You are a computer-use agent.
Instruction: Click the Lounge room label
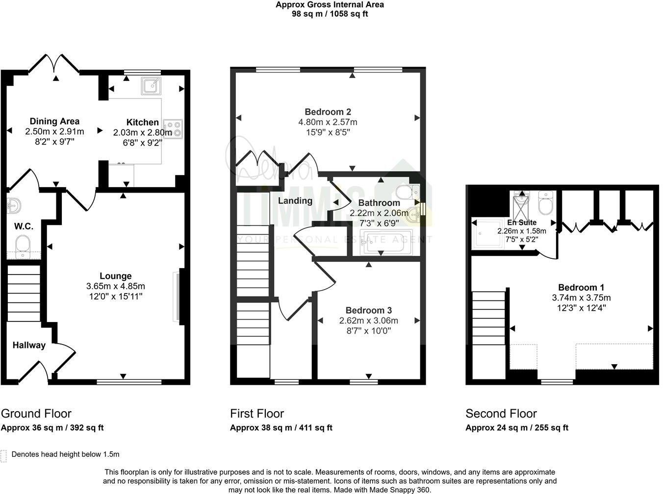point(115,276)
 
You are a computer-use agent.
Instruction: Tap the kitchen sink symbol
point(151,86)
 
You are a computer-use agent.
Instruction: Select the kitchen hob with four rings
point(173,128)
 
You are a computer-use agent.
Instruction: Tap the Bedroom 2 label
point(328,112)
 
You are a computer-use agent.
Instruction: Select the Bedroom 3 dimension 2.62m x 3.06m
point(368,321)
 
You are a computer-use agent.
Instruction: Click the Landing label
point(295,200)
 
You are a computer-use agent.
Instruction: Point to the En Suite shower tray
point(487,233)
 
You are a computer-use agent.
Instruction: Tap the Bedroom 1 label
point(581,288)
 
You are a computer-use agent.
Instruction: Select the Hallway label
point(29,345)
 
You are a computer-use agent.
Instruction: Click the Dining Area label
point(54,121)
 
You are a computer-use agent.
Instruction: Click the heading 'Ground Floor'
point(36,413)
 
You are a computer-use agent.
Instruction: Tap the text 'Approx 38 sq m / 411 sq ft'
point(281,427)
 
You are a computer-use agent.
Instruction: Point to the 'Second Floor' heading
point(501,413)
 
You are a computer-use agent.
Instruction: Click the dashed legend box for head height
point(4,456)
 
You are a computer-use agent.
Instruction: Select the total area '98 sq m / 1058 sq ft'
point(330,14)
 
